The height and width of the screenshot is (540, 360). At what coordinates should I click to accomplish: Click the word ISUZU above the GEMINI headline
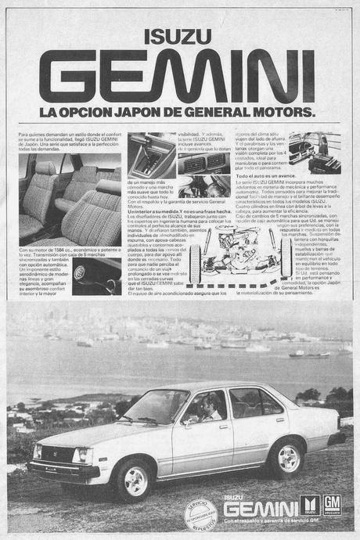(179, 36)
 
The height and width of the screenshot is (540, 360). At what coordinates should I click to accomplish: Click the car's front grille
(55, 453)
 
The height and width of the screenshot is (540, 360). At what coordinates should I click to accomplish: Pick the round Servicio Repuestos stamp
(200, 516)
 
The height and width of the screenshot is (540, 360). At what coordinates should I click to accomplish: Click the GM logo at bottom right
(333, 505)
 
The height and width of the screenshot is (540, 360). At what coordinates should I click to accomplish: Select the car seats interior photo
(69, 196)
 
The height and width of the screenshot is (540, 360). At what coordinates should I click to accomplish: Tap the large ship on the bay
(309, 352)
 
